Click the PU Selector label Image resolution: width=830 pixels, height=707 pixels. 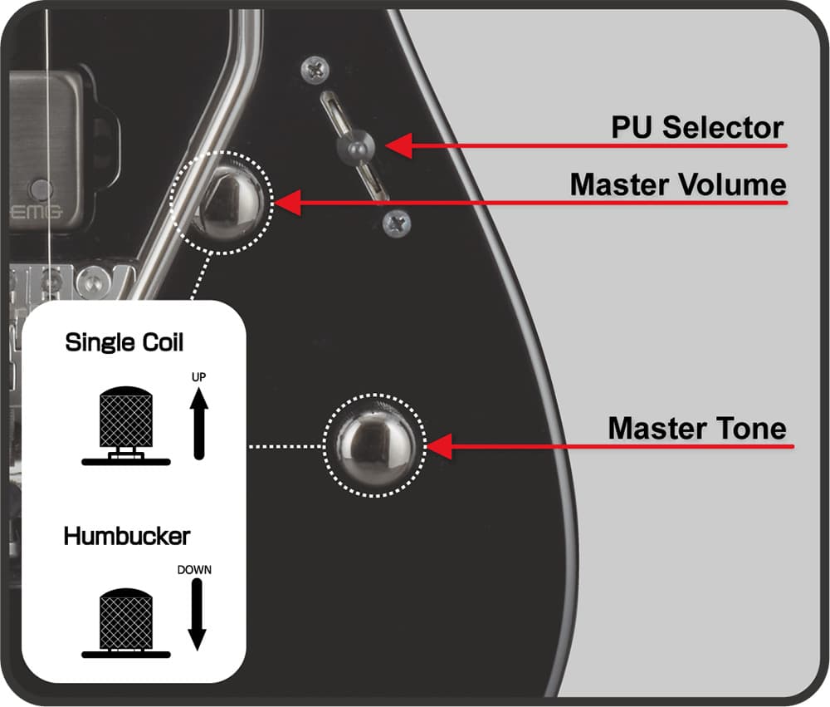tap(697, 127)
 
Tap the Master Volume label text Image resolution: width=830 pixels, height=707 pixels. tap(677, 184)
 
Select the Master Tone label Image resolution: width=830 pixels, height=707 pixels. tap(696, 429)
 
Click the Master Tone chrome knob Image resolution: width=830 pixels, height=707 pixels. tap(374, 445)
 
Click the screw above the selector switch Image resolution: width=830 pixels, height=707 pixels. tap(315, 71)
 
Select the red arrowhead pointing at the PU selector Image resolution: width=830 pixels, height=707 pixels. tap(390, 146)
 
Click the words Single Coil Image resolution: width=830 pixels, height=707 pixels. tap(124, 342)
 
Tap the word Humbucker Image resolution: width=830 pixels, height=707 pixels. tap(127, 536)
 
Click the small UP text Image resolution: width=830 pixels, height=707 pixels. tap(198, 377)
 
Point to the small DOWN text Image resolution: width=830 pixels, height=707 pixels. tap(195, 570)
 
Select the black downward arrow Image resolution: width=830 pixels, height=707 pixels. tap(197, 615)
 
